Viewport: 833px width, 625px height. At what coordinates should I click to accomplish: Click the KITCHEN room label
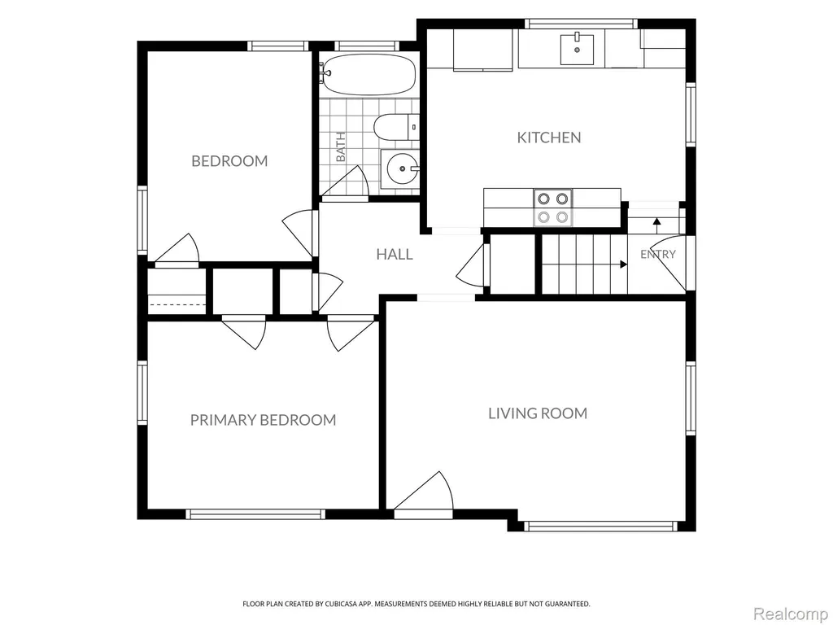click(549, 138)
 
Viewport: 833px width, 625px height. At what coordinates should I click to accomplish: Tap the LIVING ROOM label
click(538, 413)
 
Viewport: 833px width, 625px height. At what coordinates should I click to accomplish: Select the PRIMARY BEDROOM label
click(263, 420)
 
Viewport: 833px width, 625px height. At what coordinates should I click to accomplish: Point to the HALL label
click(395, 254)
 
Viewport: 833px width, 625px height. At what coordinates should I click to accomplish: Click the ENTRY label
click(657, 255)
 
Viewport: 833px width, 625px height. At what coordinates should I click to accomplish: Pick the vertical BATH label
click(341, 146)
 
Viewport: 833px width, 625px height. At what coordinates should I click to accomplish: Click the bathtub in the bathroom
click(369, 74)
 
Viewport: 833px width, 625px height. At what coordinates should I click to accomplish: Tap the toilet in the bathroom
click(396, 128)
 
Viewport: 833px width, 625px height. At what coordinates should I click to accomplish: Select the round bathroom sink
click(402, 169)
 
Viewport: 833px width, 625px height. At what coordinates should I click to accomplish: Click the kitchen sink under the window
click(577, 48)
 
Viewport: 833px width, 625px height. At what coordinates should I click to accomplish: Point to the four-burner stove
click(552, 208)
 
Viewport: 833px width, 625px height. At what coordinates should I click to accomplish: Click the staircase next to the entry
click(584, 264)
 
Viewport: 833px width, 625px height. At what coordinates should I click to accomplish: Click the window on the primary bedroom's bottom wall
click(255, 514)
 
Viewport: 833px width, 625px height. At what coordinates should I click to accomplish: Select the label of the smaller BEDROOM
click(229, 161)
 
